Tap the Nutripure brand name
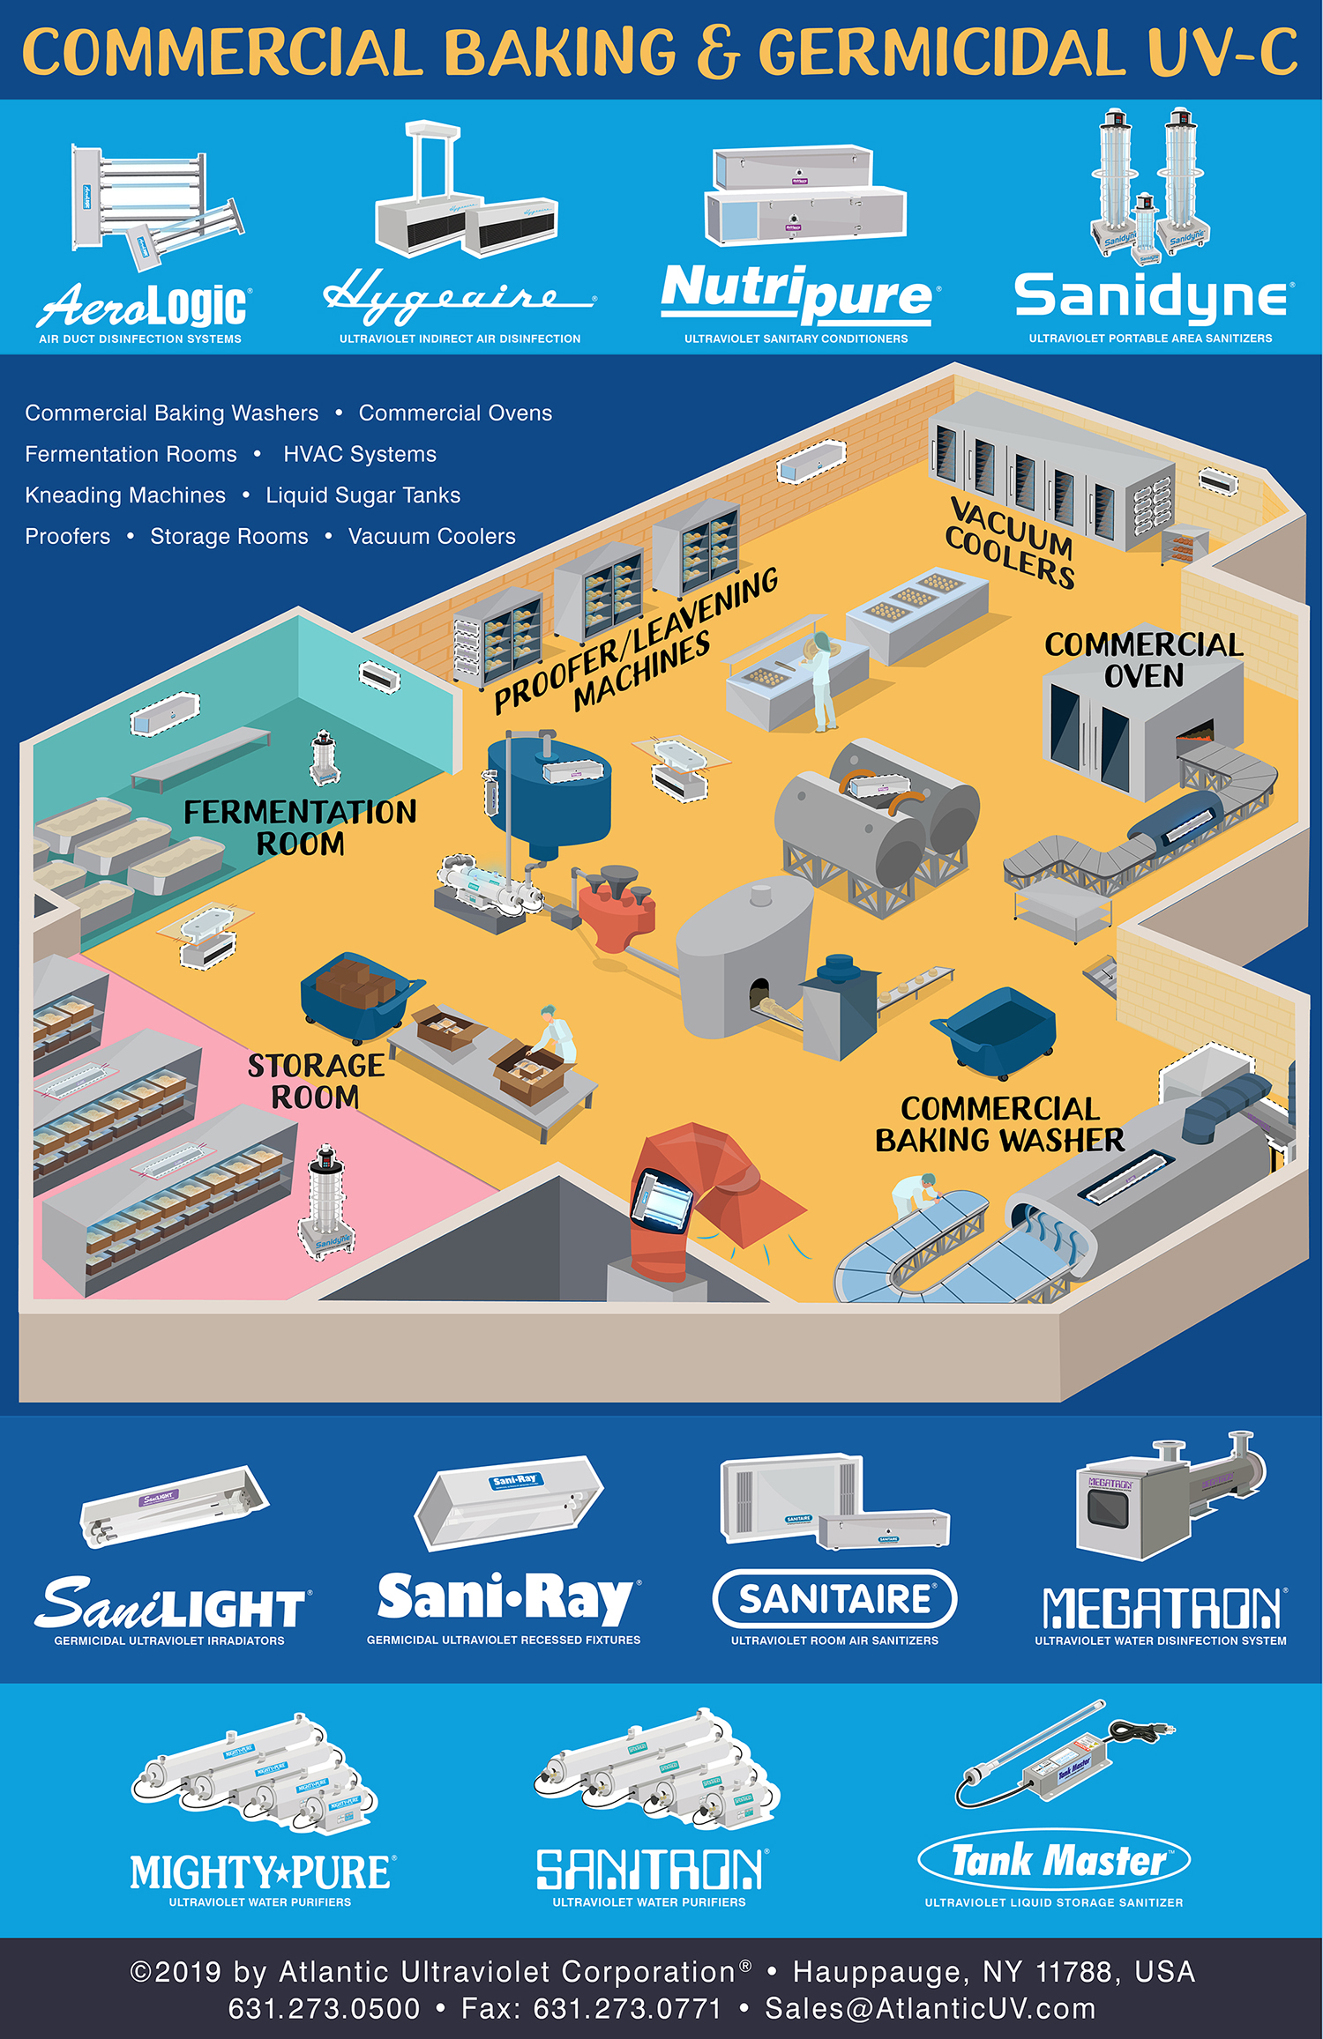tap(800, 292)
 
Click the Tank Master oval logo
tap(1054, 1860)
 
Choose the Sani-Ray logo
tap(505, 1597)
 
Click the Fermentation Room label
tap(300, 827)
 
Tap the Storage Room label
tap(315, 1081)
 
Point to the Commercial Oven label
tap(1144, 660)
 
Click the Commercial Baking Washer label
tap(999, 1124)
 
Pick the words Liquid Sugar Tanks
tap(363, 495)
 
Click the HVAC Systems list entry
tap(360, 454)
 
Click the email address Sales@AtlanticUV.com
tap(930, 2008)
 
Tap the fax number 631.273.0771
tap(592, 2008)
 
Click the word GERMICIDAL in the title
tap(940, 52)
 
